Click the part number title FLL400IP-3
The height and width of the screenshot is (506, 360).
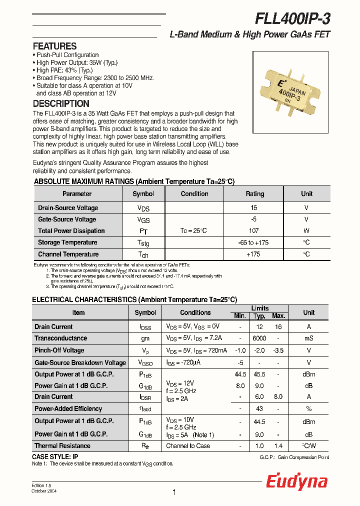pos(292,18)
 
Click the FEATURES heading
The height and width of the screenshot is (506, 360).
pos(54,46)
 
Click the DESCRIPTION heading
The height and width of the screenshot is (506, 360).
pos(61,104)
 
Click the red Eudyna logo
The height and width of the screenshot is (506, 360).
pos(296,481)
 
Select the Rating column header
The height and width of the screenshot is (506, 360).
pos(254,194)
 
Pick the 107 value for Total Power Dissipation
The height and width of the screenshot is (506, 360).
pos(254,231)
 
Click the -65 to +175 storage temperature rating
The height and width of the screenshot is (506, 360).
pos(253,242)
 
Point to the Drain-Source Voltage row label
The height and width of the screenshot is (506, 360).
pos(68,208)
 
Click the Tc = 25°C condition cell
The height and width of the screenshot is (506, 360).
pos(193,231)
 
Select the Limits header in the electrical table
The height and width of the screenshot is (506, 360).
pos(259,308)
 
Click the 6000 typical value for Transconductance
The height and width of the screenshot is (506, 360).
pos(259,338)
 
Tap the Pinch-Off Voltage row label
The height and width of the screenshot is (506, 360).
pos(59,350)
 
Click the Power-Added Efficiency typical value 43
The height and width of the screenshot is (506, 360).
pos(259,409)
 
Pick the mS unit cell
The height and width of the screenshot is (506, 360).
pos(308,338)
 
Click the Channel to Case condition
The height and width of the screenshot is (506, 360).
pos(188,446)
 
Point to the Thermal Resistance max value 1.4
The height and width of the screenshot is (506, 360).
pos(278,446)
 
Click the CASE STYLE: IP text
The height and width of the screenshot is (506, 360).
pos(55,457)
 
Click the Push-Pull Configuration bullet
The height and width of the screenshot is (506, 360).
pos(67,55)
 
